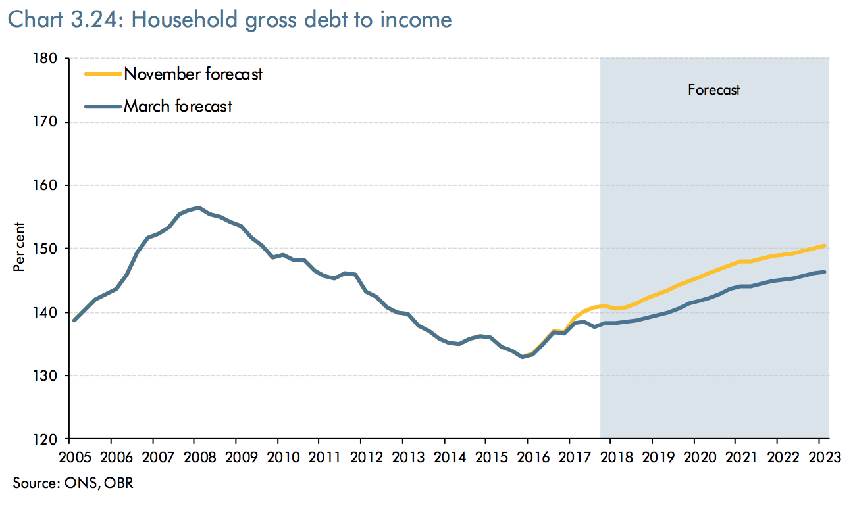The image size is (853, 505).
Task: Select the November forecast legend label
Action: tap(193, 74)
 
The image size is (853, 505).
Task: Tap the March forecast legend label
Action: tap(178, 106)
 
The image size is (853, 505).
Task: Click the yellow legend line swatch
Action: tap(103, 74)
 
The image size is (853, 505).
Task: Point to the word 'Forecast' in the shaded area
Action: tap(714, 90)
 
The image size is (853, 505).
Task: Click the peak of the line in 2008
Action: tap(199, 208)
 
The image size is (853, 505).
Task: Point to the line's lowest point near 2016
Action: tap(522, 356)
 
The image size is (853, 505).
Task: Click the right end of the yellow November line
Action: tap(824, 246)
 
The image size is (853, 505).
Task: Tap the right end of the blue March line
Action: tap(824, 272)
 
